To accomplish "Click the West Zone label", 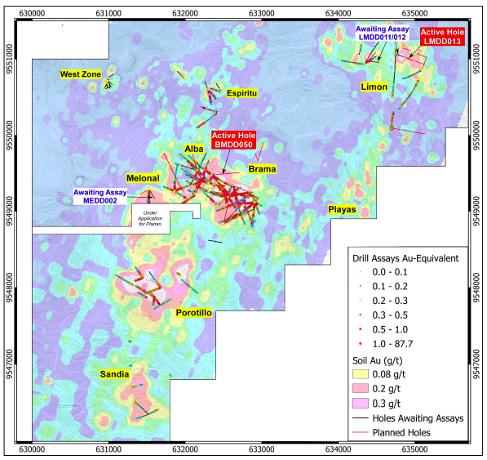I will point(80,74).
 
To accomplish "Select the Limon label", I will point(374,87).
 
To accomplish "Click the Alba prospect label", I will point(194,149).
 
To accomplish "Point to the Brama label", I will point(262,169).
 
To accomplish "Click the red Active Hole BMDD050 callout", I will point(234,139).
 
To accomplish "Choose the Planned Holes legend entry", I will point(407,431).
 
